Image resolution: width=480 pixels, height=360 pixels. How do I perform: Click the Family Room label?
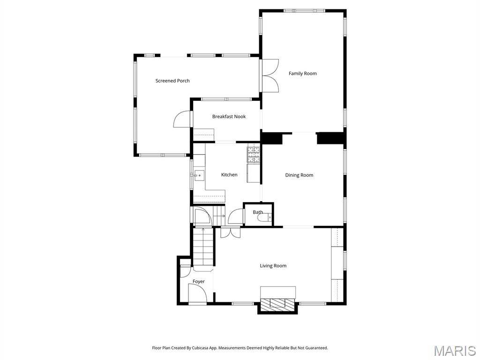coord(302,74)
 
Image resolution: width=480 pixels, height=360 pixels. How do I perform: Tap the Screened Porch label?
coord(172,81)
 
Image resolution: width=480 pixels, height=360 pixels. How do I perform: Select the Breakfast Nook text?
coord(229,117)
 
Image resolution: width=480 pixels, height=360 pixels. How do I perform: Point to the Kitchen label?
coord(229,175)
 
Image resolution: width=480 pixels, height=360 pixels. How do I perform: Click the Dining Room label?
coord(299,175)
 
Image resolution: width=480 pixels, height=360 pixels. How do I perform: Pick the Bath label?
coord(258,212)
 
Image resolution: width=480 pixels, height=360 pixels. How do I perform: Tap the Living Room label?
coord(273,266)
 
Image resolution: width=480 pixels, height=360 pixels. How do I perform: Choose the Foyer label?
coord(199,282)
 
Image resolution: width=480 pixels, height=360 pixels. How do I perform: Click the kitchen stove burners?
coord(254,155)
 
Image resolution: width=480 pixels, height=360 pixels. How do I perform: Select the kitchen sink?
coord(199,176)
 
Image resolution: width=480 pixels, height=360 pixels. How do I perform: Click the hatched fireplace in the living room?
coord(278,304)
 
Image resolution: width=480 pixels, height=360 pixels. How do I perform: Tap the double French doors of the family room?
coord(270,75)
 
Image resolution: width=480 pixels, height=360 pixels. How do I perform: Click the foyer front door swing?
coord(197,295)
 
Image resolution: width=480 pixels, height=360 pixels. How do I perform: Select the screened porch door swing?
coord(182,120)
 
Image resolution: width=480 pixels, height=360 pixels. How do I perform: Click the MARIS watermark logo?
coord(455,351)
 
